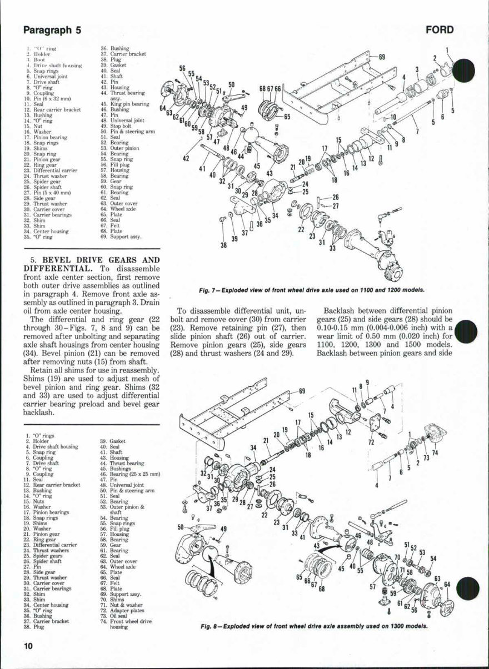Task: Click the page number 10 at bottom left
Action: (x=28, y=646)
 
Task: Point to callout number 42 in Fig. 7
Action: (x=186, y=158)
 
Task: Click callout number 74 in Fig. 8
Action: (x=435, y=452)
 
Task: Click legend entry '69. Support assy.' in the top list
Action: (x=121, y=237)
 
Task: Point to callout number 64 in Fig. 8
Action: (x=447, y=584)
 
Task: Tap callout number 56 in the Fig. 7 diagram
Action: (x=182, y=68)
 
